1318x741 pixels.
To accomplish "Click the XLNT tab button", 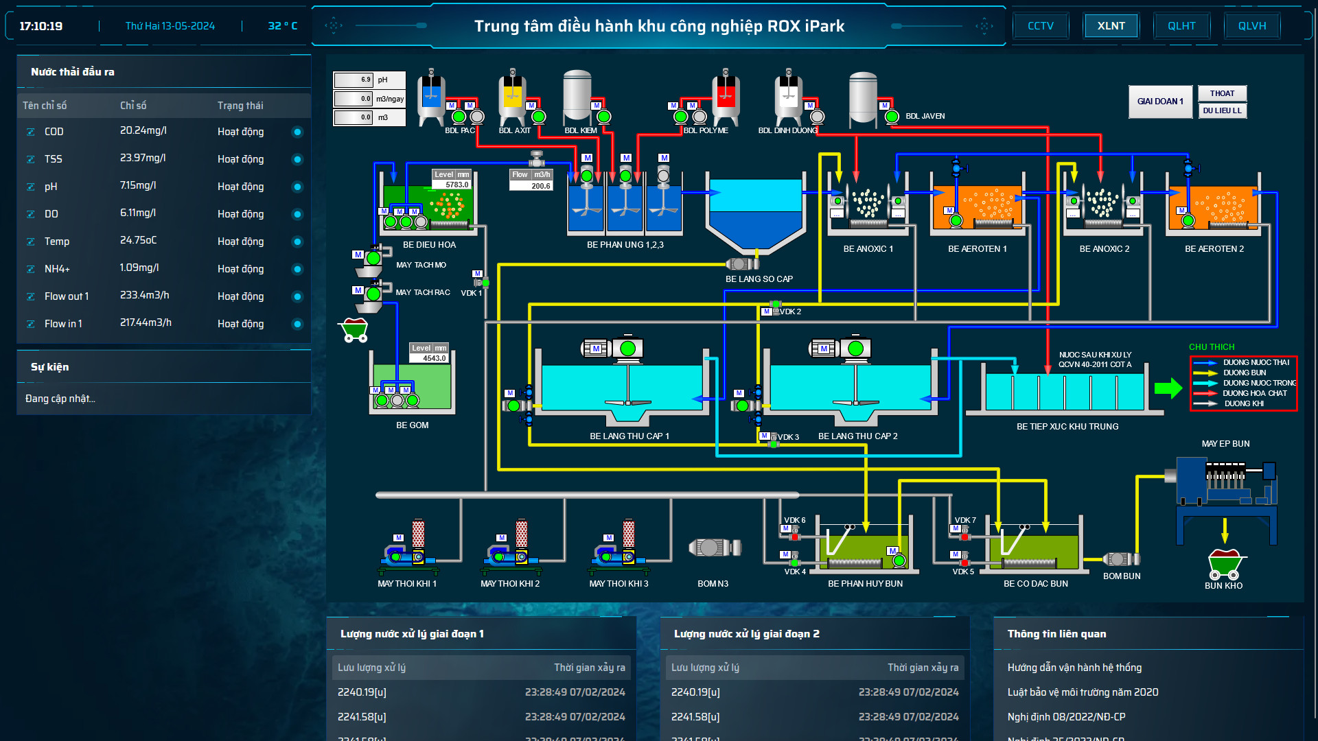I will click(1111, 26).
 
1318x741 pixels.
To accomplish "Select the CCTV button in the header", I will click(1040, 26).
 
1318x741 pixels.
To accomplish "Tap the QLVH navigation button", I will click(1251, 26).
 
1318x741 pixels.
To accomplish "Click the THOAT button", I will click(1222, 93).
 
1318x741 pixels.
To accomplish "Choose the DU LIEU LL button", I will click(1222, 110).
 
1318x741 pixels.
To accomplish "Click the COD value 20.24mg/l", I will click(143, 130).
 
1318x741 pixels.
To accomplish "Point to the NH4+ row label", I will click(57, 269).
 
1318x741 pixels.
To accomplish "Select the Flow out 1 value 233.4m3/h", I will click(144, 295).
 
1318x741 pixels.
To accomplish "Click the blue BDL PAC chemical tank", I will click(431, 96).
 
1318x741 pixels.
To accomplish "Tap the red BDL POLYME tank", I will click(726, 96).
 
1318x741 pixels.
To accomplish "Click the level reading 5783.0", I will click(456, 185).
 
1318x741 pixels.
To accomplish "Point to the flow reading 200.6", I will click(540, 186).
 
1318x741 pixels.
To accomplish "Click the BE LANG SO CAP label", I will click(759, 279).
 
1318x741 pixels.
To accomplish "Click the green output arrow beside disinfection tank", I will click(1168, 388).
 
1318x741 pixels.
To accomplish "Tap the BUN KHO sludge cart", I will click(1224, 564).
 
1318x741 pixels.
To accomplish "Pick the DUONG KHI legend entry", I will click(1243, 403).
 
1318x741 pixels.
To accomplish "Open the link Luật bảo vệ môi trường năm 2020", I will click(1083, 692).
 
